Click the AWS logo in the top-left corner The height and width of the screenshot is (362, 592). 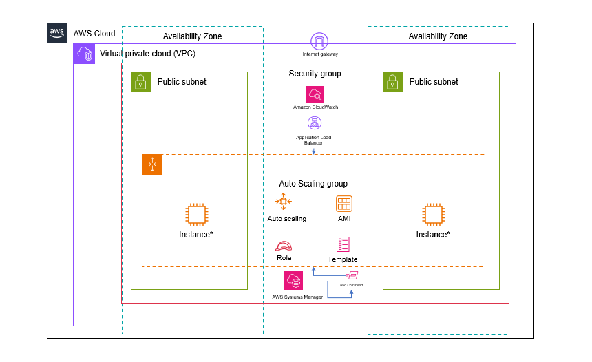point(57,33)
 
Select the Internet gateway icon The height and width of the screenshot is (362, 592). point(320,41)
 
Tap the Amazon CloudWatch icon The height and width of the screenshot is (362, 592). point(315,94)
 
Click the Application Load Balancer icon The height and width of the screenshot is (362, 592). point(314,124)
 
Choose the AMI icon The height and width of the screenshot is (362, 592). point(344,204)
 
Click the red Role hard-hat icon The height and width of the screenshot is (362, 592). point(284,246)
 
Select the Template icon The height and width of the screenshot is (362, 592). point(343,244)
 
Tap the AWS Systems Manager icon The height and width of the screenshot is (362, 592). point(294,281)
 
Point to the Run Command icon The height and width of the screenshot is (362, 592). point(351,275)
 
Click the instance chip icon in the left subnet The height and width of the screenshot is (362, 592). point(196,214)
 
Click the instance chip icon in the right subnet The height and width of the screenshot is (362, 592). point(433,214)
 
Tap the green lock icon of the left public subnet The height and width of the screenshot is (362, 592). point(141,82)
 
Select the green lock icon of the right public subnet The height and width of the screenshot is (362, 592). point(393,82)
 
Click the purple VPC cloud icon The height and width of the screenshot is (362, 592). point(84,54)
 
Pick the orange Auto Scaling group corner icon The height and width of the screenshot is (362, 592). point(152,164)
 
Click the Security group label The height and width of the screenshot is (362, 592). point(315,74)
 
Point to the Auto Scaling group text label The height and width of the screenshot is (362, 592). point(313,184)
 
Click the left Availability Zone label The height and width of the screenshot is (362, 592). point(192,36)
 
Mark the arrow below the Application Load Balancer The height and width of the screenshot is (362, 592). point(314,150)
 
